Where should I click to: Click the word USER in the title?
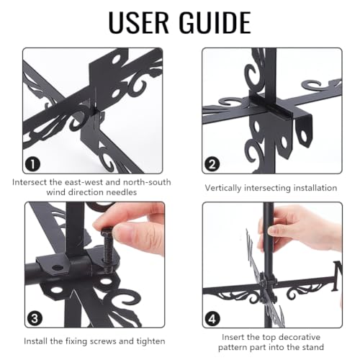139,22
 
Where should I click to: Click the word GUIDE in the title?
215,22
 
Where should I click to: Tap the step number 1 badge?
32,164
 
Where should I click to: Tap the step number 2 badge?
212,164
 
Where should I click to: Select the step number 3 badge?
35,318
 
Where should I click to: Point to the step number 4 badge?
212,319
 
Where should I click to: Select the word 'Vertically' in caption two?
223,188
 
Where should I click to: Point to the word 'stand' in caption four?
312,347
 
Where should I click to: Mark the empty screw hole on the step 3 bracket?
57,267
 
